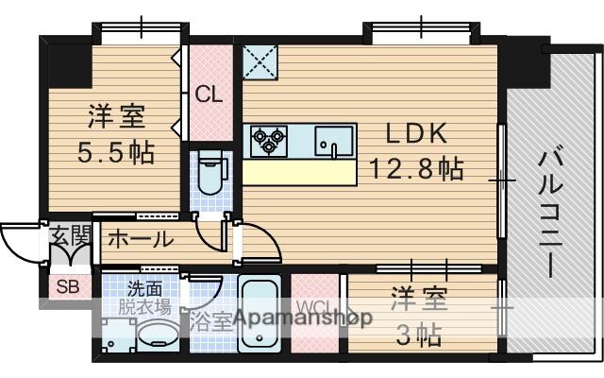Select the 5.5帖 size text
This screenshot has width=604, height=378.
116,151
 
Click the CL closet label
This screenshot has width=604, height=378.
209,94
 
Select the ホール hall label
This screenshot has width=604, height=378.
139,238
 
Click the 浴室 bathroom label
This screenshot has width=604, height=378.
209,320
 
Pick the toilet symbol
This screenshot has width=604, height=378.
209,173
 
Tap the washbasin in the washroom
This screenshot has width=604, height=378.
158,333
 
